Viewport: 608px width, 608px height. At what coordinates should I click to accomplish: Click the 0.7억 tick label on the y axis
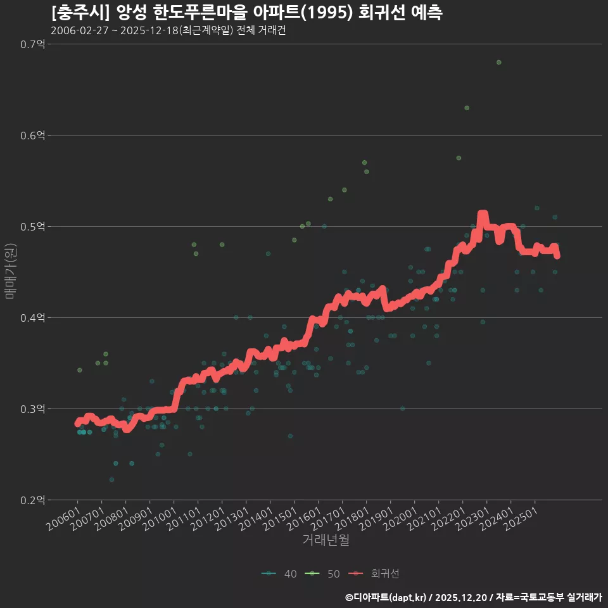(32, 44)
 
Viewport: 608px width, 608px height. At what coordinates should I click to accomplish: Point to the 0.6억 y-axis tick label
(32, 136)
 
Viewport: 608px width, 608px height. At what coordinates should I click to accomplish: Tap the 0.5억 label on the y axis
(32, 227)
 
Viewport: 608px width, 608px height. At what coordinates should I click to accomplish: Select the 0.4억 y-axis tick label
(32, 318)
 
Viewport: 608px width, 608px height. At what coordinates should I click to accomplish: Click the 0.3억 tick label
(32, 409)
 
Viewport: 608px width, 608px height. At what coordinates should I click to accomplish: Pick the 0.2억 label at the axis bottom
(32, 500)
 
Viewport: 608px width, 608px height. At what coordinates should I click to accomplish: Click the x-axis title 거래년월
(326, 540)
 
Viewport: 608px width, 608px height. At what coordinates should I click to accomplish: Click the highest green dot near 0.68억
(499, 62)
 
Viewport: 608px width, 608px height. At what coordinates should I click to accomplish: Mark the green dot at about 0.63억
(467, 108)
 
